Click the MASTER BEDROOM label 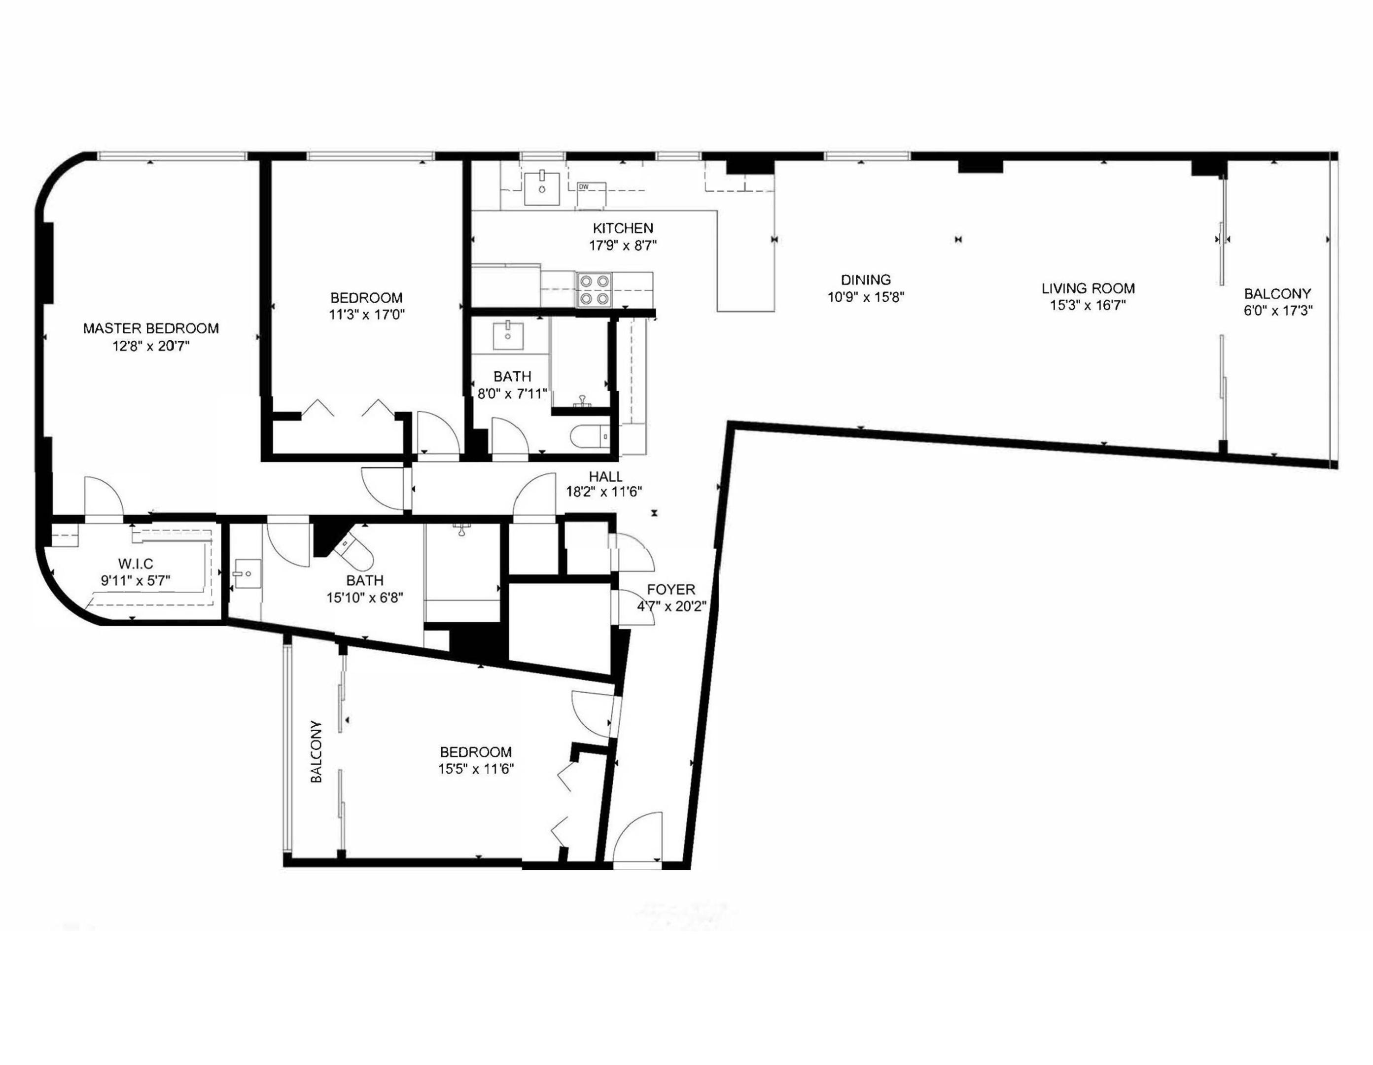pyautogui.click(x=151, y=328)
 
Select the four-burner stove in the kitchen pyautogui.click(x=594, y=290)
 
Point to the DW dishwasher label pyautogui.click(x=583, y=187)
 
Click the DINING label pyautogui.click(x=866, y=280)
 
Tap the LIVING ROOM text pyautogui.click(x=1088, y=288)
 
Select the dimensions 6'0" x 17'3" pyautogui.click(x=1278, y=311)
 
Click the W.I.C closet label pyautogui.click(x=135, y=564)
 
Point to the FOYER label pyautogui.click(x=671, y=590)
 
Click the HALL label pyautogui.click(x=605, y=477)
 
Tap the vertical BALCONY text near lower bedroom pyautogui.click(x=316, y=752)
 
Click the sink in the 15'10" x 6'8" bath pyautogui.click(x=246, y=574)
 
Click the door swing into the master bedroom pyautogui.click(x=102, y=497)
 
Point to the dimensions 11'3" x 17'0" pyautogui.click(x=366, y=315)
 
